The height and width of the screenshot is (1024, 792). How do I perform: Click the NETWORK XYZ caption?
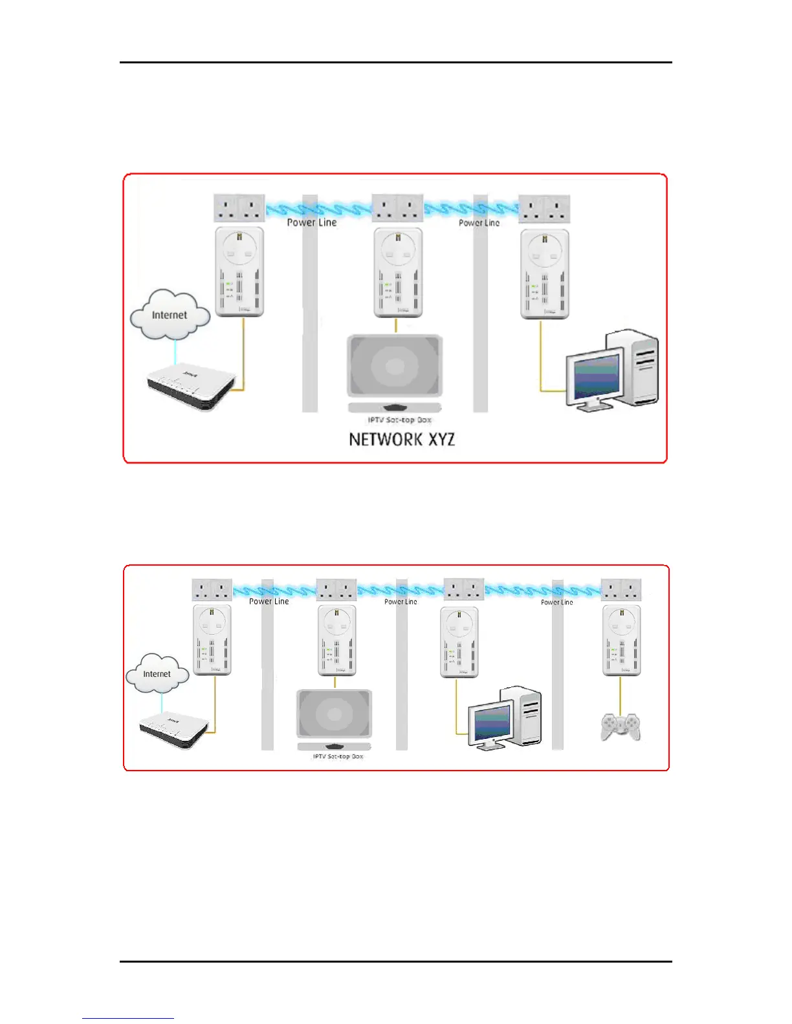pos(402,440)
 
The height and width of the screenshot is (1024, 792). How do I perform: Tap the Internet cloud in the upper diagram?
pos(170,315)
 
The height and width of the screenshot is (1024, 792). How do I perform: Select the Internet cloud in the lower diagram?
pos(157,674)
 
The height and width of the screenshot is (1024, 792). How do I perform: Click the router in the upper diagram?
pos(189,386)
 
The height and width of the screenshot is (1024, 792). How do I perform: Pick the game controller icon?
pos(621,727)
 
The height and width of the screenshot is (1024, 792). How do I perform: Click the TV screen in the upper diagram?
pos(395,366)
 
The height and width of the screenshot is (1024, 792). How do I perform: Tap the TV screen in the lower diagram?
pos(334,714)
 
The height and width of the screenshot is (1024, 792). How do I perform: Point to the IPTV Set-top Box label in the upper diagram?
pos(399,420)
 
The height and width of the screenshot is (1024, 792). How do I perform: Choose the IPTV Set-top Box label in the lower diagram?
pos(338,756)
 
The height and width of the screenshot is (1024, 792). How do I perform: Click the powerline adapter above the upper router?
pos(239,272)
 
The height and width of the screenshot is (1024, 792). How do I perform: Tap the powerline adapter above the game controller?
pos(621,641)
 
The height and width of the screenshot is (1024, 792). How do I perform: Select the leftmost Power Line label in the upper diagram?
pos(311,222)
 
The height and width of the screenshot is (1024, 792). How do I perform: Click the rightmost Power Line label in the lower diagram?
pos(556,602)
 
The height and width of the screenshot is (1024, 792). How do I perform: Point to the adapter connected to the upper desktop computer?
pos(545,273)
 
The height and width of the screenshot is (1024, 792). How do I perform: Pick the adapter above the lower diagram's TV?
pos(336,641)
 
